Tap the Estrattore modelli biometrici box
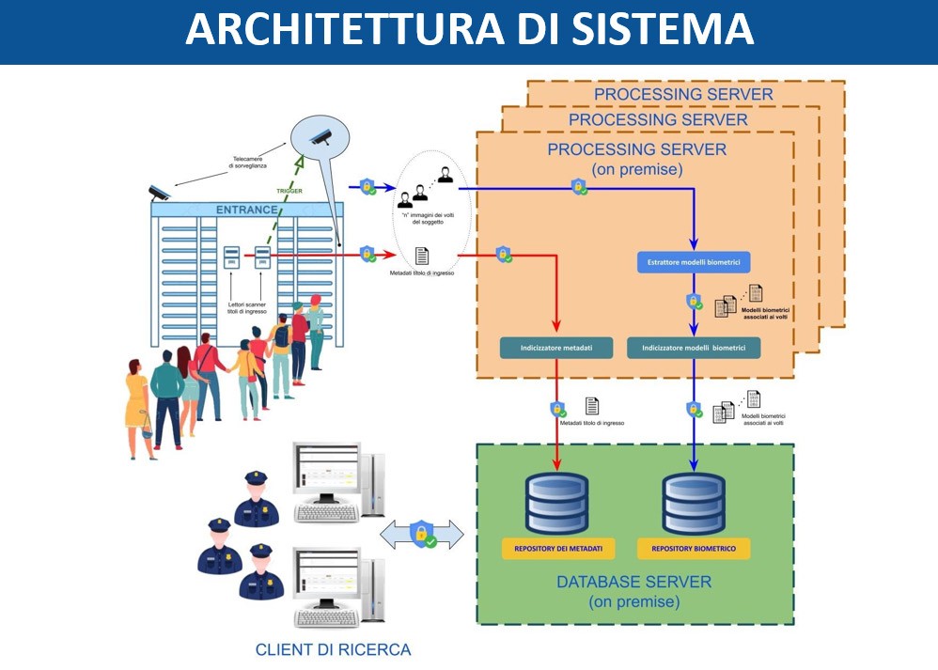tap(694, 263)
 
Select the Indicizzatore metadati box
tap(556, 348)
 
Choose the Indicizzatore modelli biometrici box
tap(694, 348)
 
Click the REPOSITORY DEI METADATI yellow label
tap(558, 548)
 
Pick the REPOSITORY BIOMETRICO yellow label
tap(694, 548)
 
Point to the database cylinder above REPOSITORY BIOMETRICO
tap(694, 503)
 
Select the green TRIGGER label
tap(289, 190)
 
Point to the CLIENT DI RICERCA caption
tap(333, 649)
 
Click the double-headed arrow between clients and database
tap(422, 534)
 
